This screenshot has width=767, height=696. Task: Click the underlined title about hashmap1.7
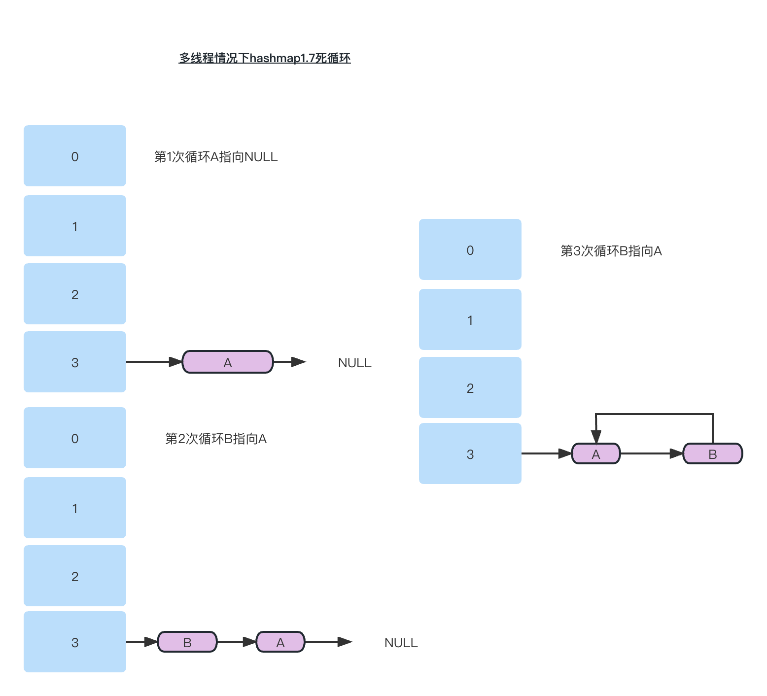264,58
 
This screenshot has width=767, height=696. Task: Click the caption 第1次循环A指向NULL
216,157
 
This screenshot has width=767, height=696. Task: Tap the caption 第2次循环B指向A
216,439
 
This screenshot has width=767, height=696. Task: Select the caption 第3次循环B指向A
611,251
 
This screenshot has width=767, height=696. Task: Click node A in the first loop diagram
227,362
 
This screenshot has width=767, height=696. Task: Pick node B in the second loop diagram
187,642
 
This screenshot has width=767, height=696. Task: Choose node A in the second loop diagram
280,642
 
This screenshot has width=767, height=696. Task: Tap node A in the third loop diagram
595,454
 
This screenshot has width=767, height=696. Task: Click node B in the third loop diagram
712,454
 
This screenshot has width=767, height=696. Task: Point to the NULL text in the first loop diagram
354,363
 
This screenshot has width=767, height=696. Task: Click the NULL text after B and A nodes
401,643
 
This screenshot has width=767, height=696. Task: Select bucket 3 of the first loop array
75,362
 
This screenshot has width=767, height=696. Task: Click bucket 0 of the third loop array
470,250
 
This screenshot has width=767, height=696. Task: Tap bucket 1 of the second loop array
75,508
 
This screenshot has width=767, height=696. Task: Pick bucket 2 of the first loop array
75,294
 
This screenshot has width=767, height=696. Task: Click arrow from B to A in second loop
237,642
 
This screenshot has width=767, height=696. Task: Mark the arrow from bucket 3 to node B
142,642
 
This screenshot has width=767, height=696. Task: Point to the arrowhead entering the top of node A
596,437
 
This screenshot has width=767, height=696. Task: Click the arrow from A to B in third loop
651,453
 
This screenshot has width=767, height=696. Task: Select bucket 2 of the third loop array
470,388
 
